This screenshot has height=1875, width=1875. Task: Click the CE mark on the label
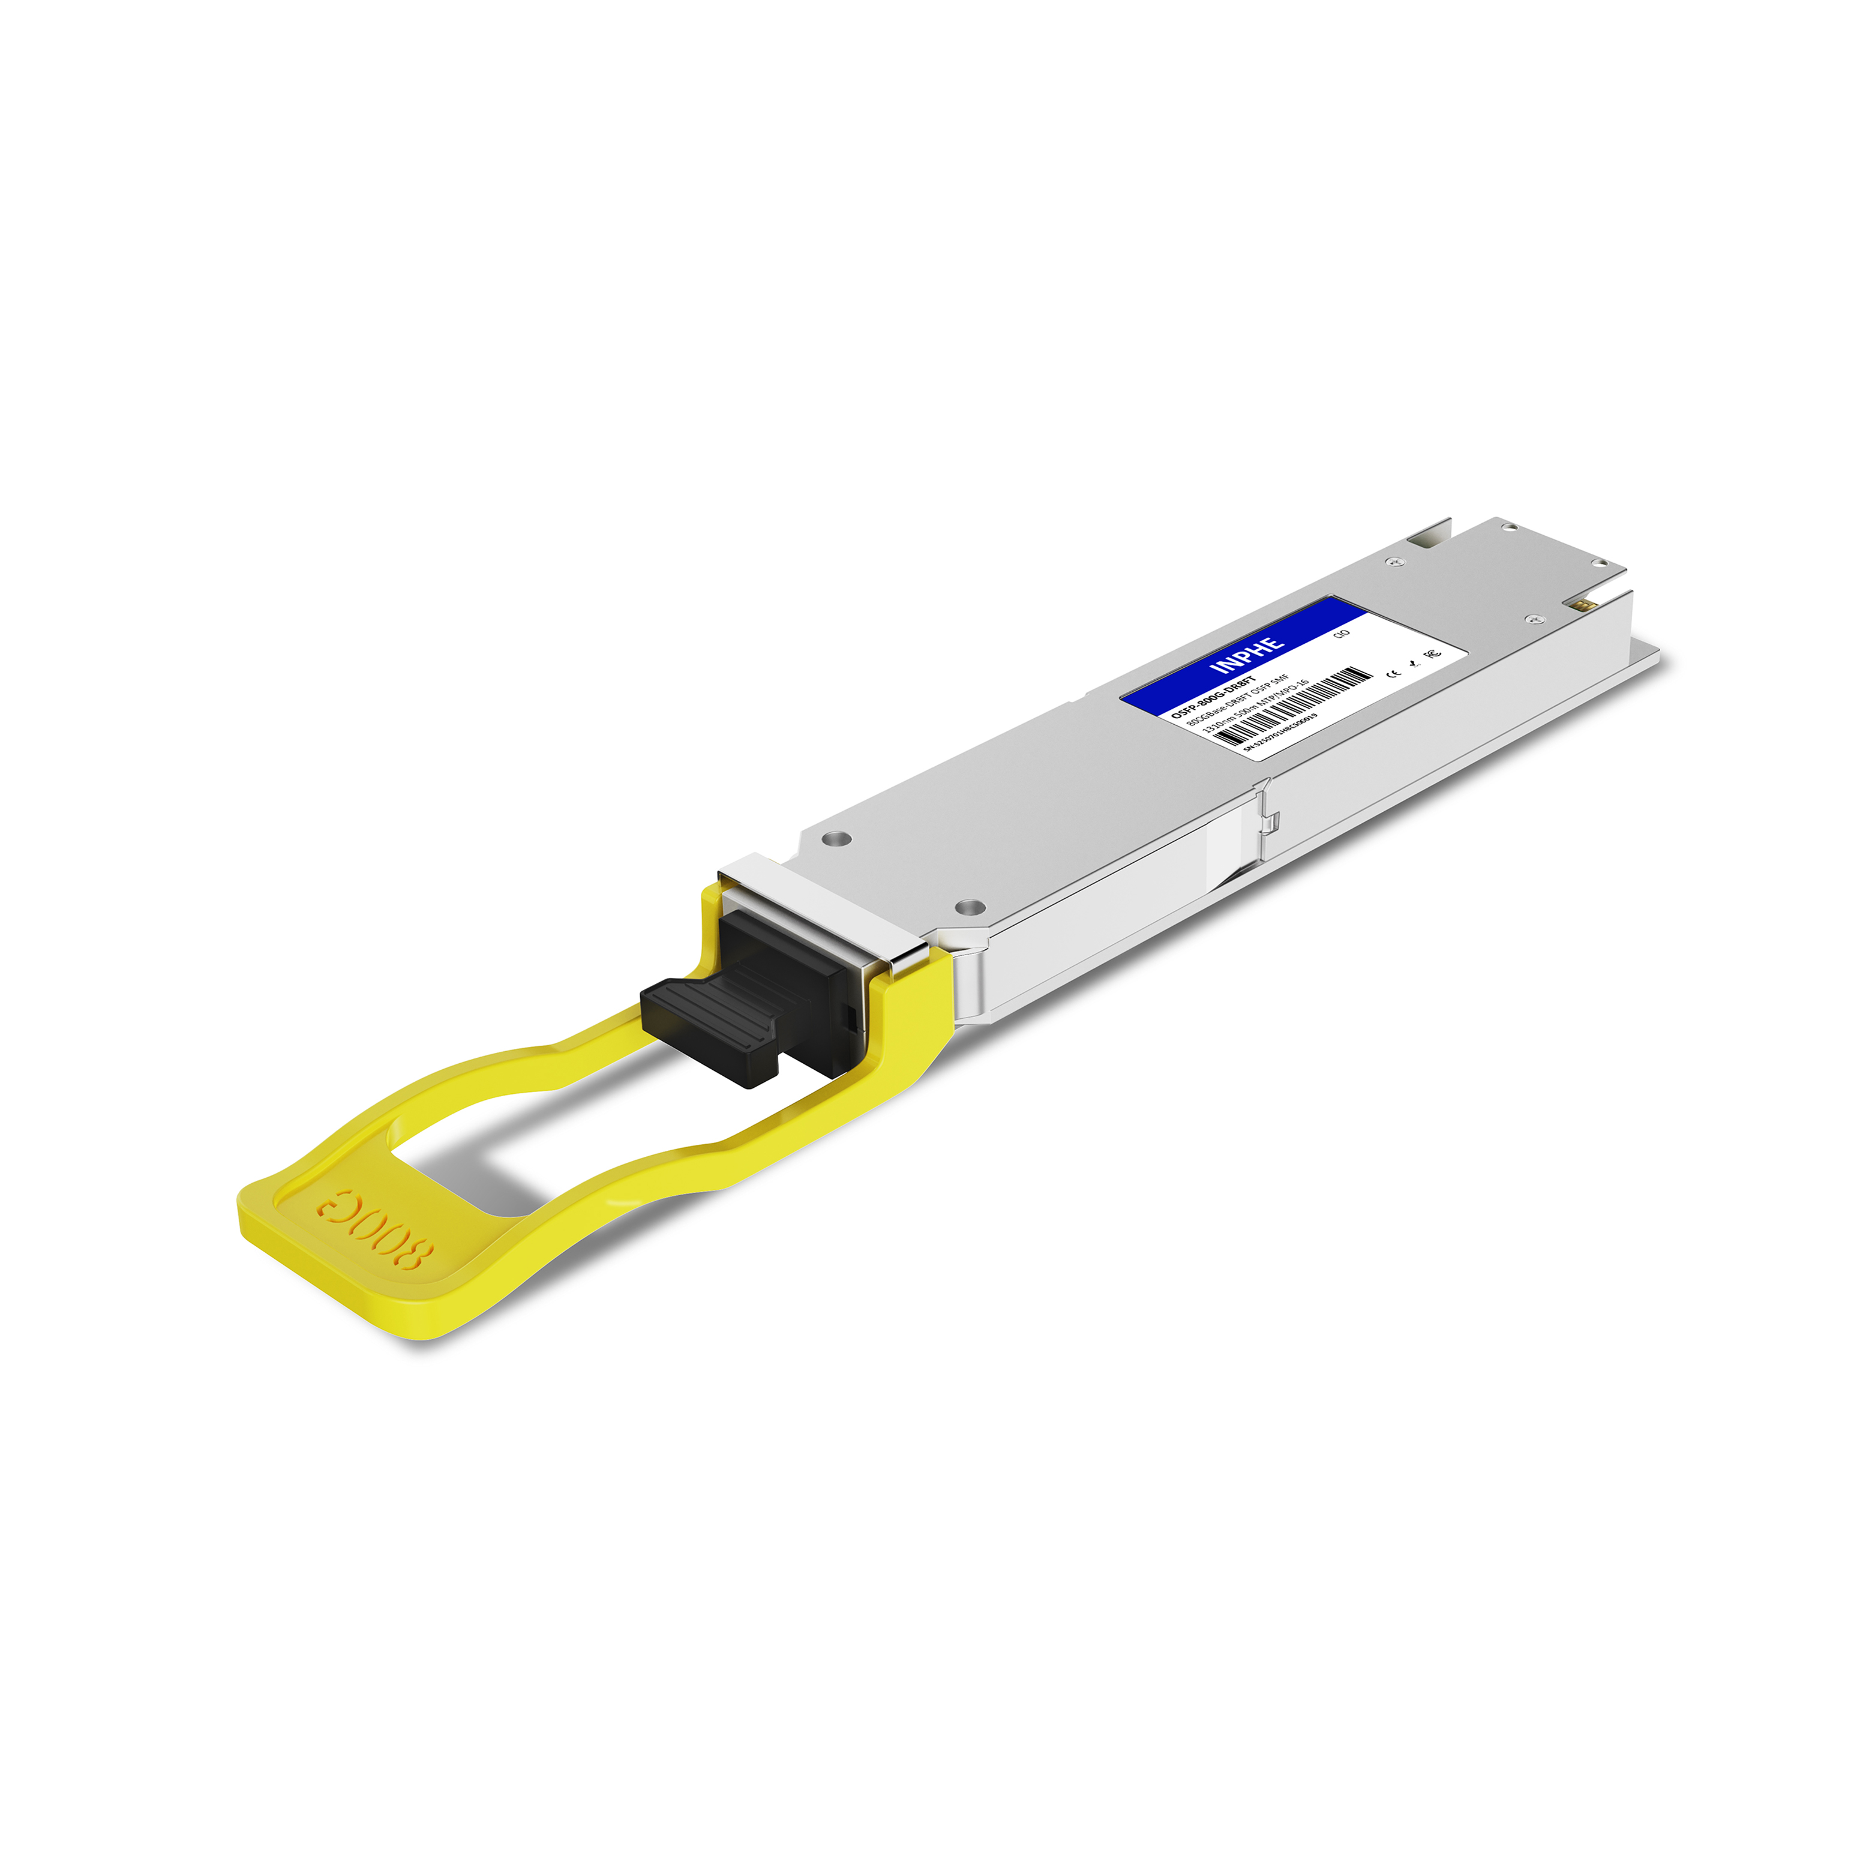coord(1394,671)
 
